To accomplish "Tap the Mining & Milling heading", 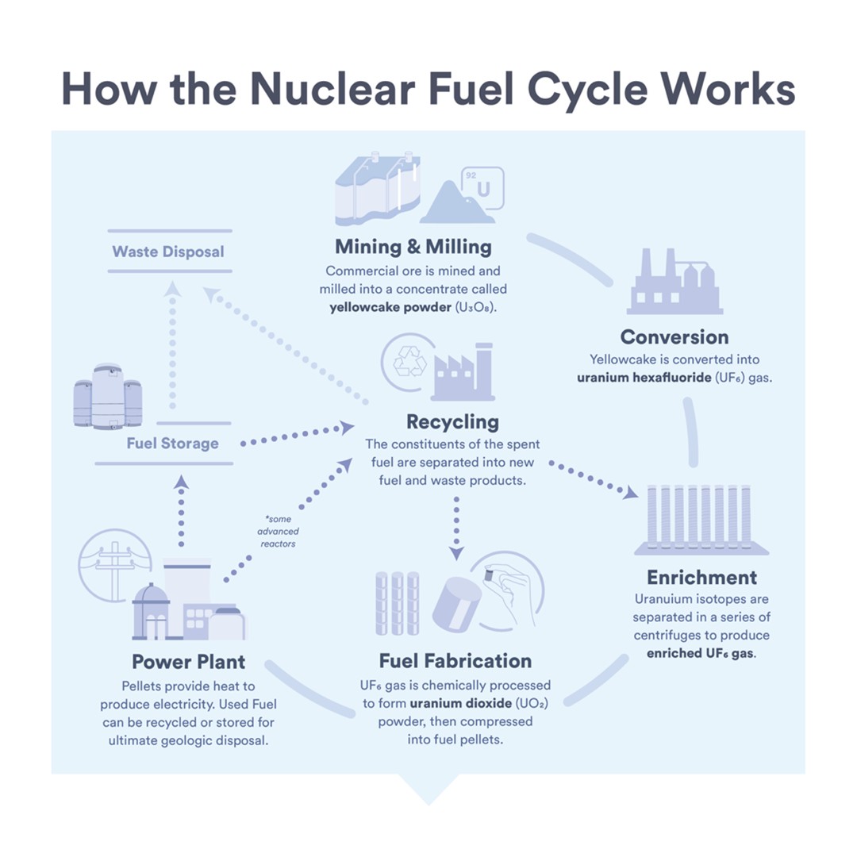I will tap(413, 246).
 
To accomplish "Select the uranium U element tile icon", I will tap(482, 188).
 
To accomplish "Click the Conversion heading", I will tap(674, 336).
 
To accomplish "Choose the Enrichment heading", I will tap(701, 577).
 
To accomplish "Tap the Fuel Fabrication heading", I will tap(455, 661).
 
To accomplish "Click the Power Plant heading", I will tap(188, 661).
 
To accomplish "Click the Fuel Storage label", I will tap(172, 443).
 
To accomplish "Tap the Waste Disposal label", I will tap(168, 252).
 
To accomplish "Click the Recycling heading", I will tap(452, 421).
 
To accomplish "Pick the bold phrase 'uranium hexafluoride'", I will tap(644, 378).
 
